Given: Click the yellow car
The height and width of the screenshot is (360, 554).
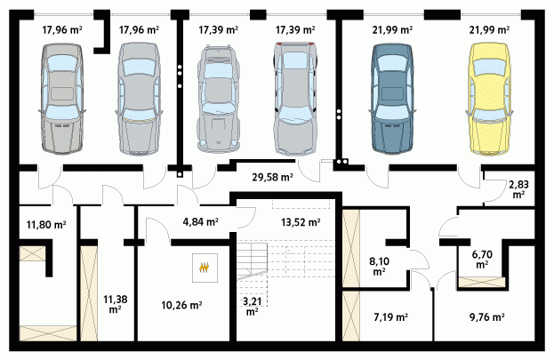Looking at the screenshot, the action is tap(489, 100).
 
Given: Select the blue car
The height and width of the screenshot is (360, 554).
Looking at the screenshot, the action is tap(392, 100).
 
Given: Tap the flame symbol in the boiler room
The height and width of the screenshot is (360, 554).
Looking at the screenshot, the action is tap(205, 268).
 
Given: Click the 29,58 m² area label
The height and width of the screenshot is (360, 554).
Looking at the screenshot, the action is tap(272, 177).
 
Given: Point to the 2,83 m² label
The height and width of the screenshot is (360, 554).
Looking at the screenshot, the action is tap(518, 189).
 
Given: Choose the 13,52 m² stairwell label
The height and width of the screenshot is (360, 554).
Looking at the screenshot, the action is tap(301, 222).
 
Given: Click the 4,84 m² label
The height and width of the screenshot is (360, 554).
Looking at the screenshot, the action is tap(200, 222).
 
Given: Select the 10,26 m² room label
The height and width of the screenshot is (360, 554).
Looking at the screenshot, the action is tap(181, 305).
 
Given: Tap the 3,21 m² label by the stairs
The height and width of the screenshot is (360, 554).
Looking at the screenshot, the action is tap(252, 307).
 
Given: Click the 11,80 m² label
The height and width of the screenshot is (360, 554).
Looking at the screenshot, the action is tap(46, 224).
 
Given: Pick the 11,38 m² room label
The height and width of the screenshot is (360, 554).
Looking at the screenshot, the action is tap(116, 304).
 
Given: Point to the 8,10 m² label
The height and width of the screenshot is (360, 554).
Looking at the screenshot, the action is tap(379, 266).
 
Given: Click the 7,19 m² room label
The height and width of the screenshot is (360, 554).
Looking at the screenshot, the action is tap(390, 317).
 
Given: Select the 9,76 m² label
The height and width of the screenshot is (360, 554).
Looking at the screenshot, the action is tap(486, 317).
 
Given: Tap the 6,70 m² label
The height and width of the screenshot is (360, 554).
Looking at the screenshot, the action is tap(482, 259).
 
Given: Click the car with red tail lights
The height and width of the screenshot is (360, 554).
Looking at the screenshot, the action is tap(295, 99).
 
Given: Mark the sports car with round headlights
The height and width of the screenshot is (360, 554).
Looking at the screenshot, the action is tap(219, 99).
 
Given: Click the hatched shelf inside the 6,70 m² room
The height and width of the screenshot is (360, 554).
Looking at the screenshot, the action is tap(482, 283).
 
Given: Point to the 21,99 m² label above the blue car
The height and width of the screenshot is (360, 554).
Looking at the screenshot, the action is tap(392, 30).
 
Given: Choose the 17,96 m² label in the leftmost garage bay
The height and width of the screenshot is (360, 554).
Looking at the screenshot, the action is tap(62, 30).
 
